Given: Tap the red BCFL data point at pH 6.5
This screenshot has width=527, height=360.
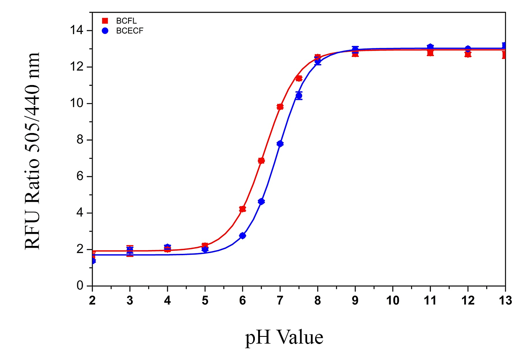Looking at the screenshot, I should [261, 160].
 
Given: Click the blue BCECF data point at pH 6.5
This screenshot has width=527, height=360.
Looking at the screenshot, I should [261, 202].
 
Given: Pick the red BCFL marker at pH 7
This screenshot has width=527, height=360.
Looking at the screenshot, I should [280, 107].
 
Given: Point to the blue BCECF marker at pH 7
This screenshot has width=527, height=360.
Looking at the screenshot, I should [280, 144].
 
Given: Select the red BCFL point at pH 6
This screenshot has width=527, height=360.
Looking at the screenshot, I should [242, 209].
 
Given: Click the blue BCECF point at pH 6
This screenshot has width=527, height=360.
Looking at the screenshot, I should [242, 236].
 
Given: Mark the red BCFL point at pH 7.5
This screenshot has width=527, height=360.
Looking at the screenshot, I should [299, 78].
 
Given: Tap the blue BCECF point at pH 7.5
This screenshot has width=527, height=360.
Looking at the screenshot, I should [299, 96].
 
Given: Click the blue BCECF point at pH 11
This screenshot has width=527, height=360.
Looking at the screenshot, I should [430, 47].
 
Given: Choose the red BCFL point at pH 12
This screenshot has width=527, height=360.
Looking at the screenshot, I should [468, 54].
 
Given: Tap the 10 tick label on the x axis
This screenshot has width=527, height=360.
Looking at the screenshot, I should [393, 300].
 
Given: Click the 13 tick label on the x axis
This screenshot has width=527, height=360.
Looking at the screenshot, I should [505, 300].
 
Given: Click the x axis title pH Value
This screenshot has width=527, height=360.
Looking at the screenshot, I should [284, 338].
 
